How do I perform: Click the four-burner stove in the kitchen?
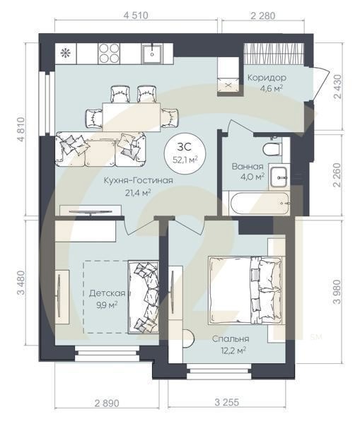point(109,54)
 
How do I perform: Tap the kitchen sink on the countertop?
point(152,54)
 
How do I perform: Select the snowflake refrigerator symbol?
point(65,53)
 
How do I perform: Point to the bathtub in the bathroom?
point(260,203)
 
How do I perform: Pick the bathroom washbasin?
point(279,177)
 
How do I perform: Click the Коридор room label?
point(267,78)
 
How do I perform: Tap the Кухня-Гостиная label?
point(139,180)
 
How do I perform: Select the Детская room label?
point(108,293)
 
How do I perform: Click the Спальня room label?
point(231,338)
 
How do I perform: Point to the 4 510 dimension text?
point(136,16)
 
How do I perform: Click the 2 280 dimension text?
point(263,16)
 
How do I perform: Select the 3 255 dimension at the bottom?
point(227,402)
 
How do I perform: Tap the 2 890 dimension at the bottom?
point(107,404)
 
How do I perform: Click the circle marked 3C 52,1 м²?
point(185,153)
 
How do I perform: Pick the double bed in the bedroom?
point(245,290)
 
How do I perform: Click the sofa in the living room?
point(100,149)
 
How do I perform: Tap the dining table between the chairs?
point(132,117)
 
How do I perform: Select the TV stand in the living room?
point(91,211)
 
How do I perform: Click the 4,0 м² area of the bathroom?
point(252,177)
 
